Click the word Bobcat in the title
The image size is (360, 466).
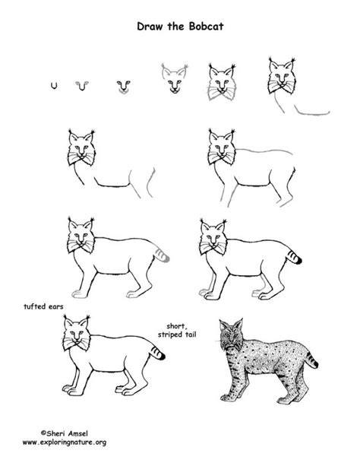[x=206, y=27]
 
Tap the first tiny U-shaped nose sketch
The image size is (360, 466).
[x=54, y=86]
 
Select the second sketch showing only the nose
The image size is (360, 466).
[x=82, y=86]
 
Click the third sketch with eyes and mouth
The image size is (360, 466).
[x=123, y=87]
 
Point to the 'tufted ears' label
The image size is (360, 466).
[x=43, y=306]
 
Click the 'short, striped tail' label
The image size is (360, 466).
[x=177, y=331]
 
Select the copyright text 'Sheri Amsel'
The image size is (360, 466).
[x=67, y=433]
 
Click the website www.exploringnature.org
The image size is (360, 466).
[x=65, y=442]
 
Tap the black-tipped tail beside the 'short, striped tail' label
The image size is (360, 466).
[x=157, y=353]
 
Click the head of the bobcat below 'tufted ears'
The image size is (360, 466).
[x=77, y=333]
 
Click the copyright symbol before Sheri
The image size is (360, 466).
[x=43, y=433]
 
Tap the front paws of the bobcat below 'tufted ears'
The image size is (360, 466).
[x=72, y=390]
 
